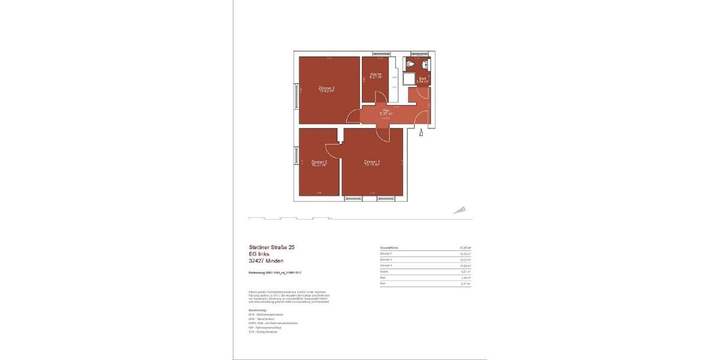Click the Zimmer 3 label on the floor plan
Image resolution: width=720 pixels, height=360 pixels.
click(326, 88)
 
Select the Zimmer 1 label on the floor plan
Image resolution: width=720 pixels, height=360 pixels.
click(371, 161)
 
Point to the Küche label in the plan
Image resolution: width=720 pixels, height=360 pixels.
click(376, 74)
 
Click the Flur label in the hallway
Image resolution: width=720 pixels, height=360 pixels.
click(386, 110)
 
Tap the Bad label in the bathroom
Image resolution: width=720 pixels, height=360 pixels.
click(422, 78)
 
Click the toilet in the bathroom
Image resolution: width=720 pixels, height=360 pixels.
click(410, 64)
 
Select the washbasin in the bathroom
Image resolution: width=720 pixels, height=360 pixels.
click(425, 64)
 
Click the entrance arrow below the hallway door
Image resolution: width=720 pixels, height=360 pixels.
click(422, 131)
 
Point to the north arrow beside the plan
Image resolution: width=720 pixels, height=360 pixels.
click(460, 209)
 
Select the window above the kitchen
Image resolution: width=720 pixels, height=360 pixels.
click(380, 53)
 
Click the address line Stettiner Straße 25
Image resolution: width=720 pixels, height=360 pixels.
click(271, 247)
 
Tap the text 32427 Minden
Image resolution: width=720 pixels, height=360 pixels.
click(266, 261)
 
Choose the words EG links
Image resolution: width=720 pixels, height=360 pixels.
click(259, 254)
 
